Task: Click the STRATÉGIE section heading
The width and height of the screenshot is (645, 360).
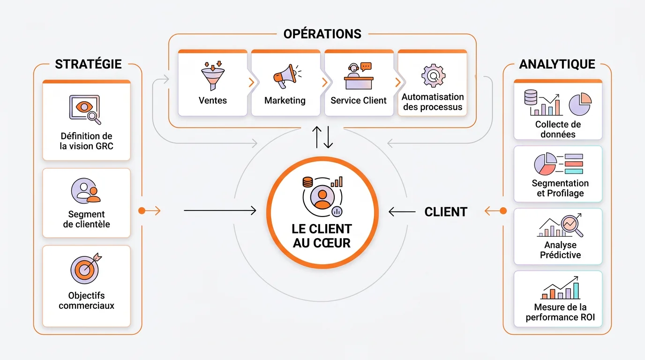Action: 88,64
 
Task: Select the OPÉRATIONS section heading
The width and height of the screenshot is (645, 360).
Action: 322,34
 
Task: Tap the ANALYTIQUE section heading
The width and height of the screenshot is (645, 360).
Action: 557,64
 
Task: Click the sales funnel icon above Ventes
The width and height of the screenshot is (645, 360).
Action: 212,76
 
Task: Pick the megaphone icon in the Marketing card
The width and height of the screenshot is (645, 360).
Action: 285,76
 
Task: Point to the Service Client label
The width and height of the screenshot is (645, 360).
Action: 359,100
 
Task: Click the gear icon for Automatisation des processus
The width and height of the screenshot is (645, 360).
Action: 433,76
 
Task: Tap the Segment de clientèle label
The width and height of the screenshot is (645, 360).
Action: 86,219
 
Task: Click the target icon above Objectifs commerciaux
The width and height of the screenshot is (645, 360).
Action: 85,268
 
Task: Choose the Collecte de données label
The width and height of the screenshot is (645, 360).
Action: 558,129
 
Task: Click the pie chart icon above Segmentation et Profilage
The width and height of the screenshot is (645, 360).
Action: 545,164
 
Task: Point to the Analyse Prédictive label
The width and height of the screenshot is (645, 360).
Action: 560,250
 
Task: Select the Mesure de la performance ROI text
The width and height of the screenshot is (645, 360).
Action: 560,313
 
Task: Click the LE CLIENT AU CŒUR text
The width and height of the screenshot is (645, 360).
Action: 322,236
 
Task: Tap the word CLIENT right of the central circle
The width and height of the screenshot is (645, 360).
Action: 446,212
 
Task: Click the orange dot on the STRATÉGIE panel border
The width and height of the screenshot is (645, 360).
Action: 142,211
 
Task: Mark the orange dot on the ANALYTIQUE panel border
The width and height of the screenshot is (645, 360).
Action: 503,211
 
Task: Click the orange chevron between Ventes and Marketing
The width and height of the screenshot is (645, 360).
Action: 251,82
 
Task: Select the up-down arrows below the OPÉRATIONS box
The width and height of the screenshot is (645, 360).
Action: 322,136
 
